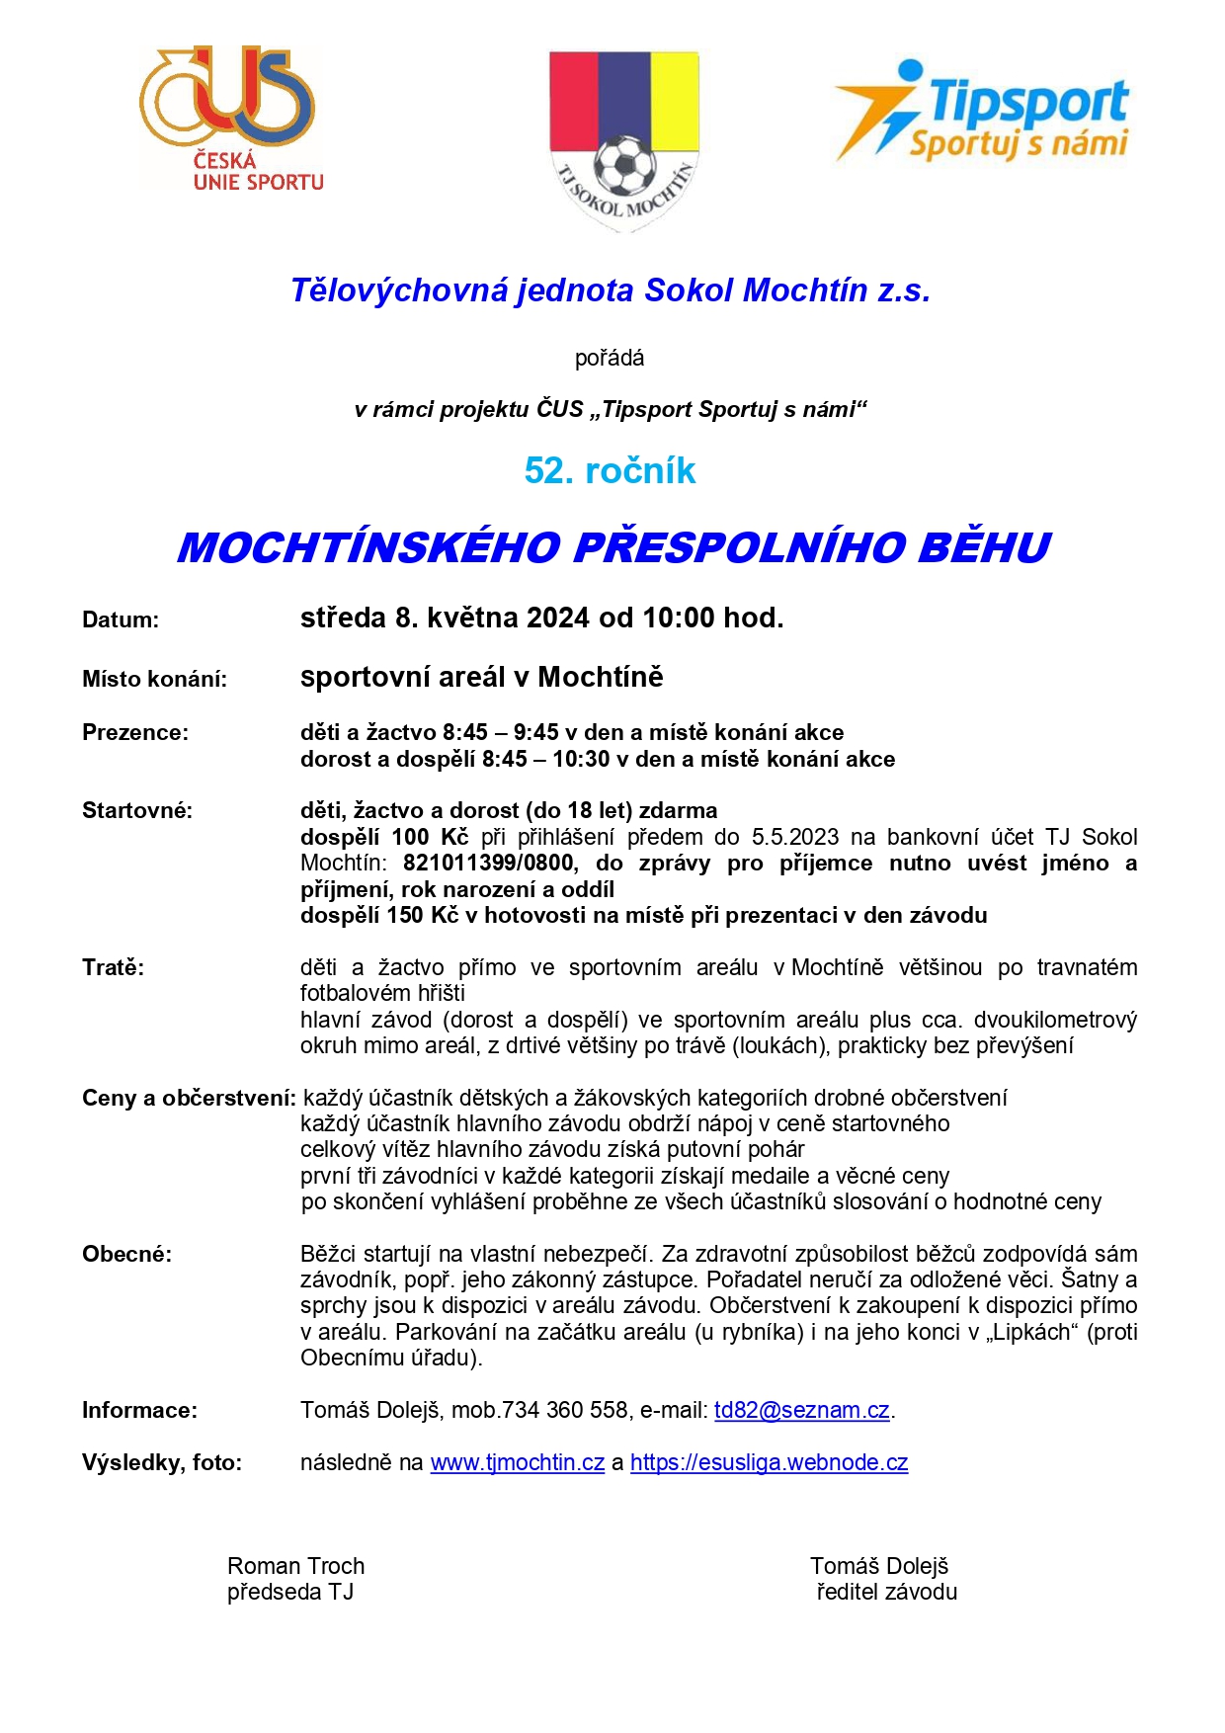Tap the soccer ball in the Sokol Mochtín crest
624,164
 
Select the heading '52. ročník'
610,471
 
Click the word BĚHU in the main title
983,548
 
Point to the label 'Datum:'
121,620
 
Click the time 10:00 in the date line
678,619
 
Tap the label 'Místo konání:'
154,680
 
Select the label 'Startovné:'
137,811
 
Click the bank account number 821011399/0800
488,864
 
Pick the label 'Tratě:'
113,968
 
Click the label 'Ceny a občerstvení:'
189,1099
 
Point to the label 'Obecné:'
126,1255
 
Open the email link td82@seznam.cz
801,1411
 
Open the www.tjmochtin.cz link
517,1463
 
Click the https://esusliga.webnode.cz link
769,1463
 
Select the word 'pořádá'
610,359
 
